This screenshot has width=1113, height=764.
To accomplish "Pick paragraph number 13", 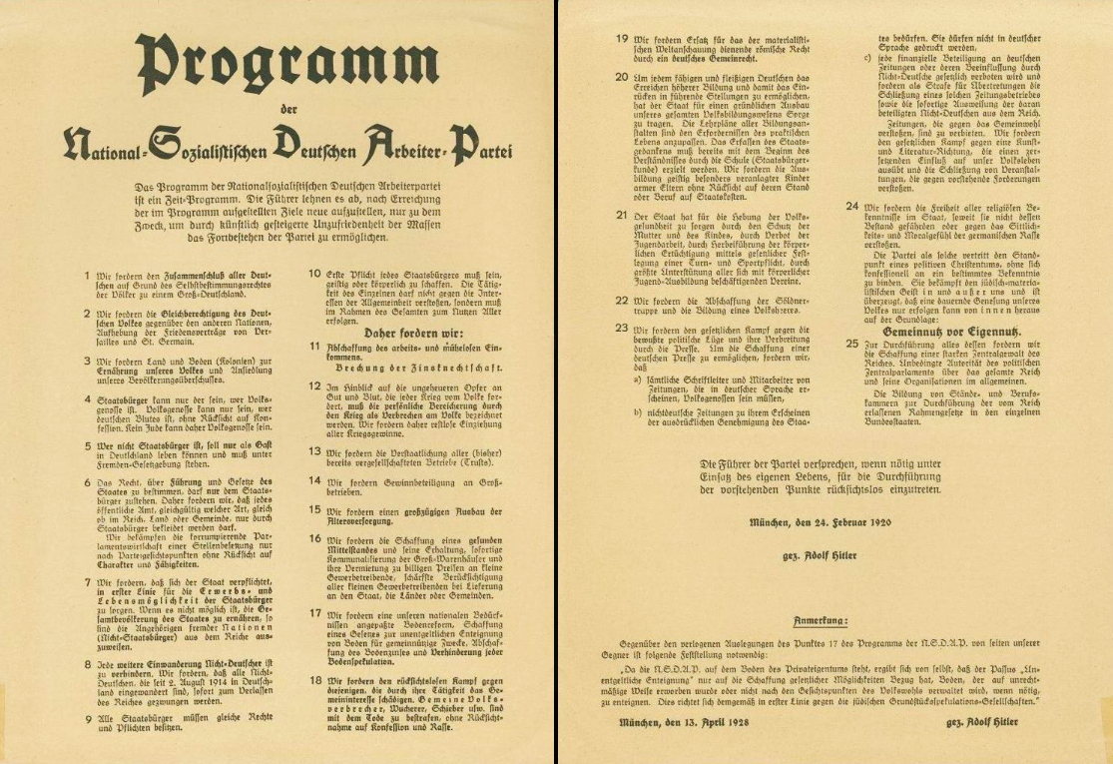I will click(x=313, y=449).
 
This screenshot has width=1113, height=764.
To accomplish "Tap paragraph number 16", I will click(x=313, y=539).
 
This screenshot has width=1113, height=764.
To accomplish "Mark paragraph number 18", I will click(x=313, y=680).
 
